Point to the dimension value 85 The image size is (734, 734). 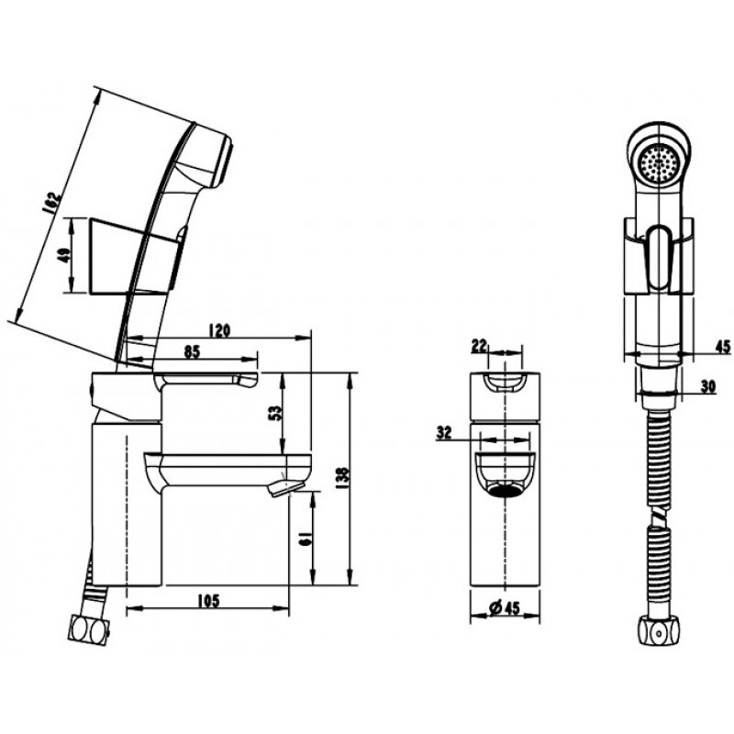192,350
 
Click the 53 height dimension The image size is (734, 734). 273,411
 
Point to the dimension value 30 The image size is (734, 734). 706,386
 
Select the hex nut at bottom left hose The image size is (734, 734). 89,630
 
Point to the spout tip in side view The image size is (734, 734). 284,487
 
